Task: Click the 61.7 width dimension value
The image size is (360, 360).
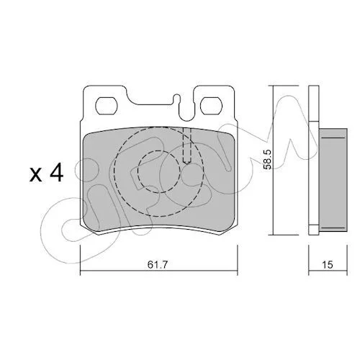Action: (157, 264)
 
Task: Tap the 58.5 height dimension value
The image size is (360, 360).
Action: (267, 159)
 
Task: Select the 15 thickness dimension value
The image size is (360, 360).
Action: (328, 265)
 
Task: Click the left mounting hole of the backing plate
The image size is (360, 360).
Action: (106, 106)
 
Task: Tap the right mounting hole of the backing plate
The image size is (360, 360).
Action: (210, 106)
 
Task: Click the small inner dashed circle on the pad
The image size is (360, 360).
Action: (158, 171)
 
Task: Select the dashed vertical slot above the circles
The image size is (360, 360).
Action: (186, 145)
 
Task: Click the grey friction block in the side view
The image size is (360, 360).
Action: (333, 180)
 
